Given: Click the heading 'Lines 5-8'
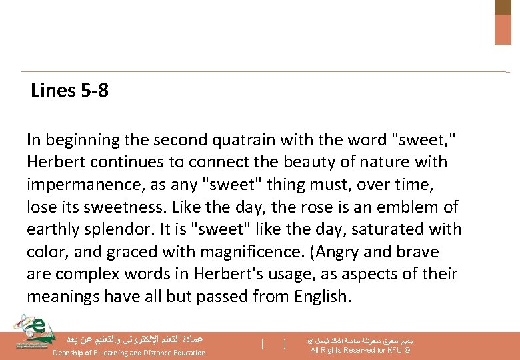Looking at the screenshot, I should coord(69,91).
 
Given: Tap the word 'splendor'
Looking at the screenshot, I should coord(124,229).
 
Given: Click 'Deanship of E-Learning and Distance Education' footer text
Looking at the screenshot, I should coord(129,353).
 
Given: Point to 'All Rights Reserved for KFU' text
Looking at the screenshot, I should coord(360,351).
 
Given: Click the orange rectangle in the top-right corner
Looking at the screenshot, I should coord(503,29).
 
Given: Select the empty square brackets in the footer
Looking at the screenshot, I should coord(274,344).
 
